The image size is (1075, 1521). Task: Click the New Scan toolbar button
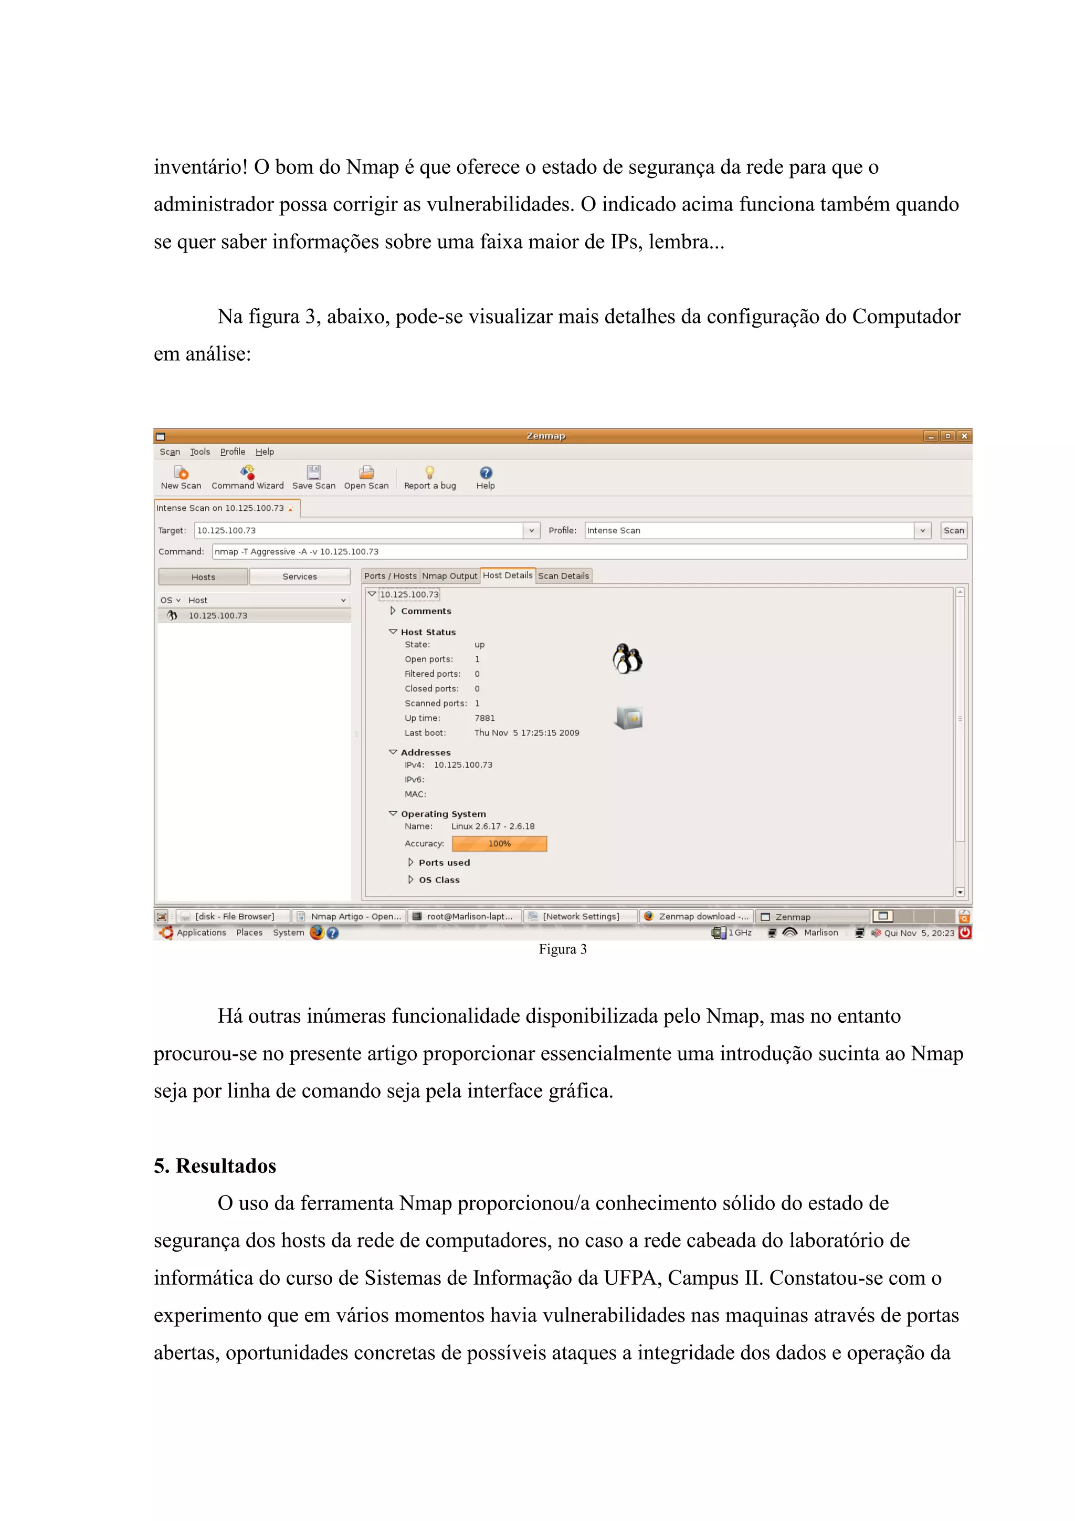[181, 477]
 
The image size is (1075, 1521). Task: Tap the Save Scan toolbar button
[313, 477]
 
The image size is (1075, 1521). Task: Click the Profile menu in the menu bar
[233, 452]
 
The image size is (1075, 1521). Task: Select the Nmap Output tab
[449, 575]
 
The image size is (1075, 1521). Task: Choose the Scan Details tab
[563, 575]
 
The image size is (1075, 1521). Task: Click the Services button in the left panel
[299, 577]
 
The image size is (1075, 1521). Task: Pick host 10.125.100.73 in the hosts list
[218, 615]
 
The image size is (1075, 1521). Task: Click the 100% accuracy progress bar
[499, 843]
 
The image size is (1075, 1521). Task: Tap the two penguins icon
[627, 658]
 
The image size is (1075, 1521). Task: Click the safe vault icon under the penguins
[629, 717]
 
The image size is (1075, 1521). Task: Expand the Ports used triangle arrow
[410, 863]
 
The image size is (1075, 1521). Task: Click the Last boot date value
[526, 733]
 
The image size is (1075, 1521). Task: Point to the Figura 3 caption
[562, 949]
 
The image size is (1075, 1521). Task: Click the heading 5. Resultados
[215, 1166]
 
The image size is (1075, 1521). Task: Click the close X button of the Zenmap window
[964, 436]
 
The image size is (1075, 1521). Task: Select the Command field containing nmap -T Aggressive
[589, 551]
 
